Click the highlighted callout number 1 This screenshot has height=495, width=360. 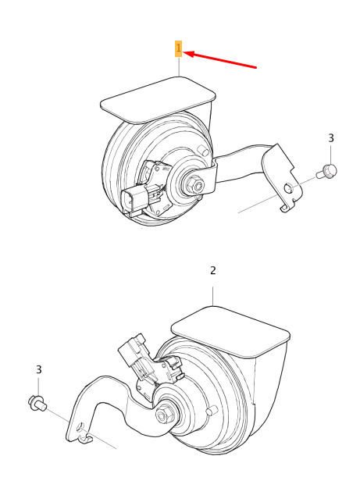coord(179,48)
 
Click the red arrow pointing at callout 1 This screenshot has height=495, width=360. coord(219,59)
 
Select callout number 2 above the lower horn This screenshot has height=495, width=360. coord(213,271)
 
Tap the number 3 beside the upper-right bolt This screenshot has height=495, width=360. coord(331,138)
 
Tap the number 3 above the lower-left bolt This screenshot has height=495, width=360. coord(38,369)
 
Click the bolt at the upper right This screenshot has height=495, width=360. coord(327,172)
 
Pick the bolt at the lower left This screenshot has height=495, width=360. coord(37,403)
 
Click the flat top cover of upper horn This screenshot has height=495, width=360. coord(158,99)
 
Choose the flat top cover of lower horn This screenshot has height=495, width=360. coord(230,332)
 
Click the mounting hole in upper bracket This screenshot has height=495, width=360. coord(289,188)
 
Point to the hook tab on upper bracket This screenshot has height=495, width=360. coord(286,208)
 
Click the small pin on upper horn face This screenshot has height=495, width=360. coord(201,148)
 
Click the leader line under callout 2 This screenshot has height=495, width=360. coord(213,296)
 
